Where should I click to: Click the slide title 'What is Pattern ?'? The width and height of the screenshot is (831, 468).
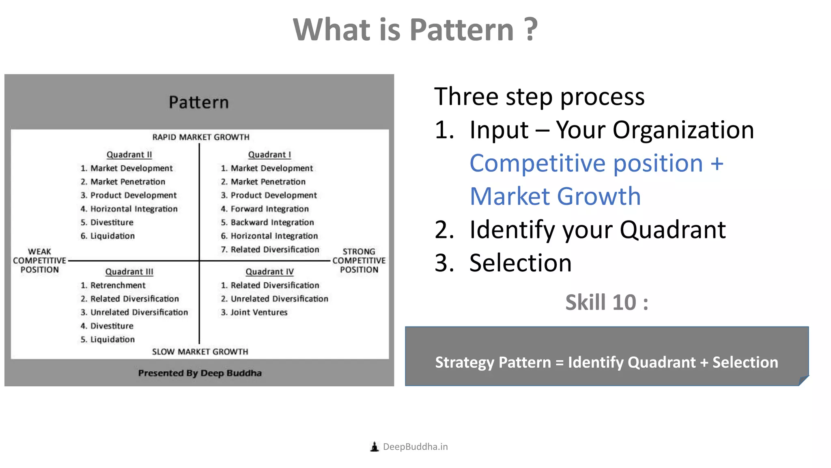click(x=415, y=30)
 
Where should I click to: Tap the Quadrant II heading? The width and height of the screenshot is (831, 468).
click(x=129, y=155)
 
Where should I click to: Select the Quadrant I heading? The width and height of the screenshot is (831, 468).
click(x=269, y=155)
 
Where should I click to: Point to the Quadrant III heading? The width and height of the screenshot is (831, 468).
click(x=129, y=272)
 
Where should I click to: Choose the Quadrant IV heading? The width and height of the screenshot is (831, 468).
click(x=269, y=272)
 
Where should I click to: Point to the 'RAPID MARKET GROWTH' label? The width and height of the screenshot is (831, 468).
click(x=201, y=137)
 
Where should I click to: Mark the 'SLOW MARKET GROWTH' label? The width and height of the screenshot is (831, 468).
click(x=200, y=352)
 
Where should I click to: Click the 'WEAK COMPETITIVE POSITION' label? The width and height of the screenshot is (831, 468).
click(x=39, y=261)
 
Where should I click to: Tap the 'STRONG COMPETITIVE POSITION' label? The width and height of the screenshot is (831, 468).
click(x=359, y=261)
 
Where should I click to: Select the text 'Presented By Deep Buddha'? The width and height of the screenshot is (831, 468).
click(x=200, y=373)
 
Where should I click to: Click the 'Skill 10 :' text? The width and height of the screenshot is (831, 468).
click(x=607, y=303)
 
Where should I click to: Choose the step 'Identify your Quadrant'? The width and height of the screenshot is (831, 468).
click(x=597, y=230)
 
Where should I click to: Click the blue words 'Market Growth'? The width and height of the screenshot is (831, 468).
click(x=555, y=197)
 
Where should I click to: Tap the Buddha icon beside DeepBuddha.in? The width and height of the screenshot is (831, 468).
click(x=375, y=447)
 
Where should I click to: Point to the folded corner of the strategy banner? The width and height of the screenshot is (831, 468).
click(x=803, y=381)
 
